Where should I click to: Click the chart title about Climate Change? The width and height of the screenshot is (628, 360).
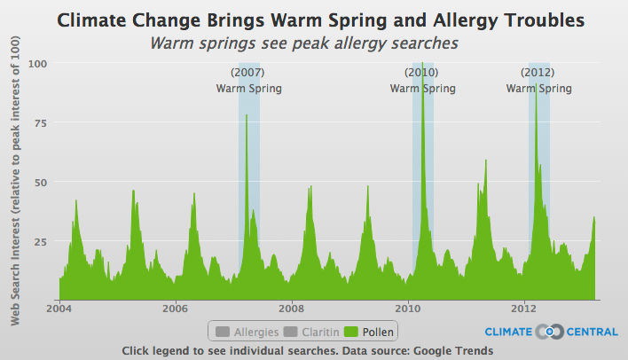tap(320, 20)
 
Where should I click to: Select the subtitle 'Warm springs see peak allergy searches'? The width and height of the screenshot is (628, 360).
tap(304, 43)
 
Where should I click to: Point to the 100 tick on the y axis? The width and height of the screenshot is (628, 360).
tap(37, 64)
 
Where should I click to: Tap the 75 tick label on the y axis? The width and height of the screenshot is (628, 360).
tap(41, 123)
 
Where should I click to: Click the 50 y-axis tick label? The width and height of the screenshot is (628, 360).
tap(41, 183)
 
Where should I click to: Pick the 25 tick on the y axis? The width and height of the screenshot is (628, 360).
tap(41, 242)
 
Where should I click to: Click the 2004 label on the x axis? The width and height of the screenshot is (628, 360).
tap(59, 309)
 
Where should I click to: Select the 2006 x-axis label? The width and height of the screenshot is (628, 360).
tap(175, 309)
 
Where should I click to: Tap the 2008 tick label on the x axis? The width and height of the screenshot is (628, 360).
tap(292, 309)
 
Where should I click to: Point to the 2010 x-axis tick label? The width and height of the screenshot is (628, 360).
tap(408, 309)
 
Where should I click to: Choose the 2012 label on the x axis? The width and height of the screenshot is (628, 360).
tap(524, 309)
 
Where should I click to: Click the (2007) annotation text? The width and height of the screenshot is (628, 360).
tap(247, 73)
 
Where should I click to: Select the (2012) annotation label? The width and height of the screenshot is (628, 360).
tap(538, 73)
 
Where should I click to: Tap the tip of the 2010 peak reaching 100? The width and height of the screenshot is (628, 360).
tap(422, 62)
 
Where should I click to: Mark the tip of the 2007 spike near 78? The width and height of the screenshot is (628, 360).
tap(247, 115)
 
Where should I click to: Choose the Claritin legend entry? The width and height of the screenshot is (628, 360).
tap(311, 332)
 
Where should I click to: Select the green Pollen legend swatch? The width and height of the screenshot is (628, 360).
tap(351, 332)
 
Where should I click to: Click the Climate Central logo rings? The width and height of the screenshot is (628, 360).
tap(550, 332)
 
